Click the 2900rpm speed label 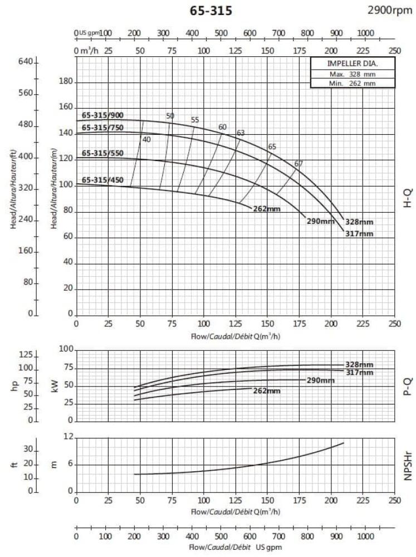(x=390, y=9)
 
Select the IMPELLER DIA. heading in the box (x=352, y=63)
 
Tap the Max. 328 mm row (x=352, y=74)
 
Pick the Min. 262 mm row (x=352, y=83)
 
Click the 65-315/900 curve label (x=102, y=115)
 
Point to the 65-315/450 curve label (x=102, y=180)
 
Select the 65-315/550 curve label (x=102, y=153)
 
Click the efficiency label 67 (x=299, y=163)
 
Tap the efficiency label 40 (x=146, y=139)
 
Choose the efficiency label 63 (x=241, y=133)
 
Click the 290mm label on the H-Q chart (x=320, y=221)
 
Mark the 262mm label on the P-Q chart (x=267, y=391)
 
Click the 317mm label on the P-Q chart (x=359, y=372)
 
